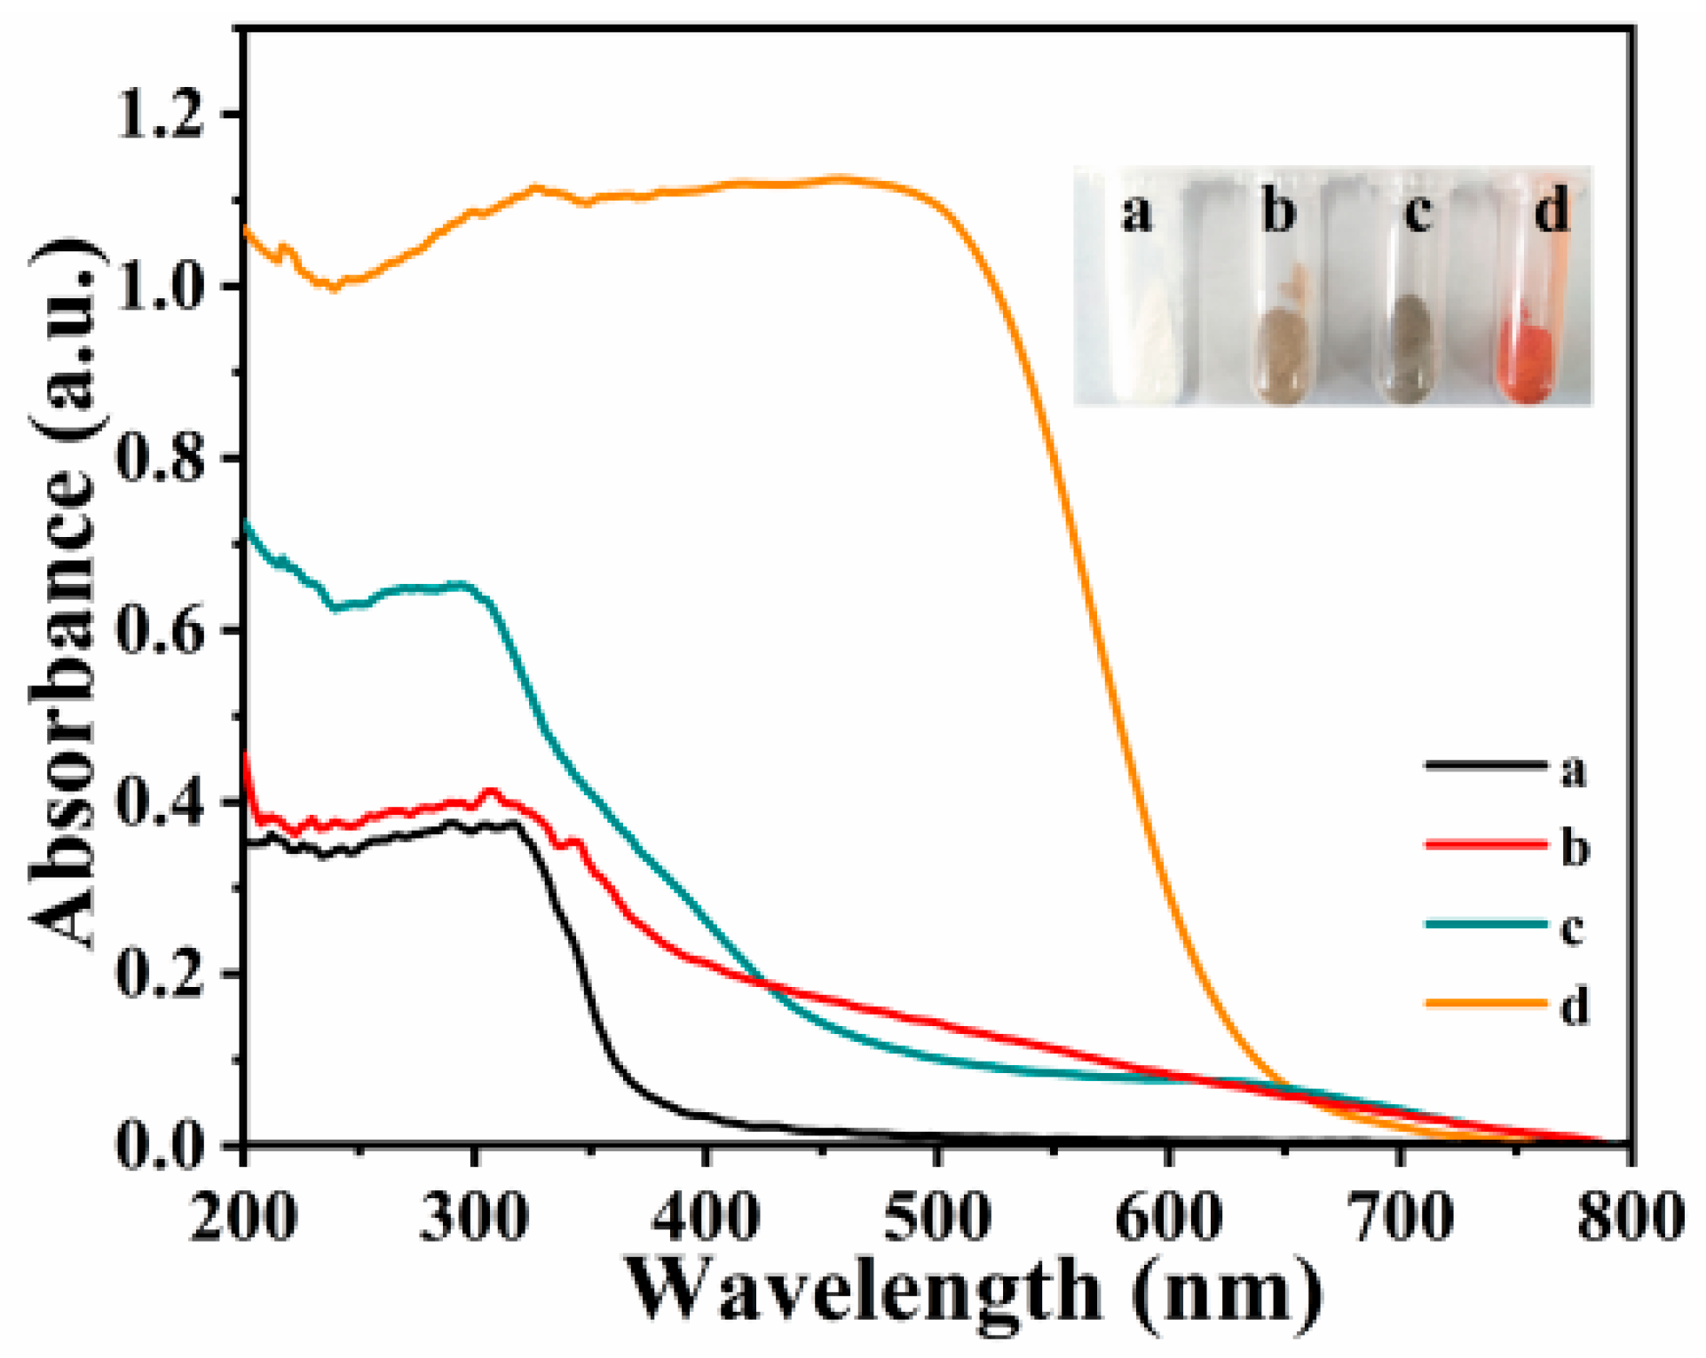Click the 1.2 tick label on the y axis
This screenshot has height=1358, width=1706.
160,116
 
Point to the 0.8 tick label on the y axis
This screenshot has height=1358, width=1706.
160,459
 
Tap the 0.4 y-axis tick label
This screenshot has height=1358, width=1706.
160,802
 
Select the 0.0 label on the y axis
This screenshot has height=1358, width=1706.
160,1146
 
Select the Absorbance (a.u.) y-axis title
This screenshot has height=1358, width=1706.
67,595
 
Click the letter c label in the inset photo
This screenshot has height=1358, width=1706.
1418,213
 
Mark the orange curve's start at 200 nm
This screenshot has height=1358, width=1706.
246,229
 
